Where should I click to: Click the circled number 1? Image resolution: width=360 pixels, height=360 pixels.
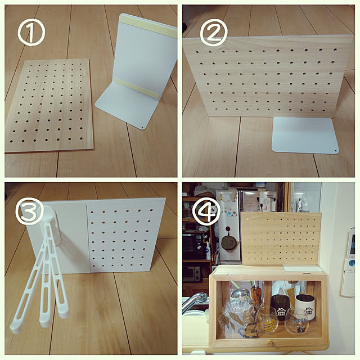31,32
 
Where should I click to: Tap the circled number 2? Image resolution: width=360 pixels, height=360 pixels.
214,33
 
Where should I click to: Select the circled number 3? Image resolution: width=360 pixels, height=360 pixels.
29,211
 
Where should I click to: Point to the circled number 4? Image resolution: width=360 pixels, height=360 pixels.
206,211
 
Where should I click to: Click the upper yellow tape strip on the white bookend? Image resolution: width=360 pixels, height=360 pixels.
148,27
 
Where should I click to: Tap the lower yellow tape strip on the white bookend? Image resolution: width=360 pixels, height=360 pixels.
136,88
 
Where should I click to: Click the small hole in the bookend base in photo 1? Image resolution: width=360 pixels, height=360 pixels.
142,126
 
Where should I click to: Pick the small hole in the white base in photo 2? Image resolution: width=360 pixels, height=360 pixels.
336,151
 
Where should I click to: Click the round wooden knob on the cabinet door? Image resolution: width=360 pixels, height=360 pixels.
271,344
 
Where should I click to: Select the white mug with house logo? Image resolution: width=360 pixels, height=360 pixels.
305,308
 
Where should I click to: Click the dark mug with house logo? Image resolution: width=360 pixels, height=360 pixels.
280,307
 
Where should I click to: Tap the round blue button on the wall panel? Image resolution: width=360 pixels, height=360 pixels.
351,262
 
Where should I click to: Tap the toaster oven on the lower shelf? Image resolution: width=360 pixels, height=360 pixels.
191,274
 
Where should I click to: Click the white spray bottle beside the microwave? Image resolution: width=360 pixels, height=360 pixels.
208,251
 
